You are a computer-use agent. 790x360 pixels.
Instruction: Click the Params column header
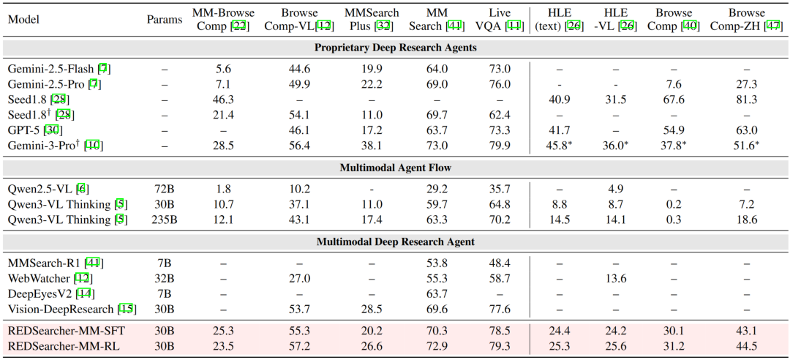click(164, 20)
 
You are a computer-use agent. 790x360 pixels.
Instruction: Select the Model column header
click(24, 20)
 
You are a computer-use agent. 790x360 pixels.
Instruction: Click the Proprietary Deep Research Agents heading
click(395, 48)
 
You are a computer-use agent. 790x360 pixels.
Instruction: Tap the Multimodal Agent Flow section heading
click(395, 168)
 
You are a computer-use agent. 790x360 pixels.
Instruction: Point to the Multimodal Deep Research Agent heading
click(395, 242)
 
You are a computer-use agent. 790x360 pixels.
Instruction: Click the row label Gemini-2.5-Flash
click(50, 69)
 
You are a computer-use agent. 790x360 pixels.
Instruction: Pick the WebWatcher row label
click(39, 278)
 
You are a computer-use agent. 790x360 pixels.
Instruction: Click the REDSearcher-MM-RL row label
click(64, 345)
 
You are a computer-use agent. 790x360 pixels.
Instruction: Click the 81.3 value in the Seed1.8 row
click(746, 100)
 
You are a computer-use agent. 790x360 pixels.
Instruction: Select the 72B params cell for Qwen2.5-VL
click(164, 190)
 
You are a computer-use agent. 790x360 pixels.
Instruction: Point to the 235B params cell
click(164, 220)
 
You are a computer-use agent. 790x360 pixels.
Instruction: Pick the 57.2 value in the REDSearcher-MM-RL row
click(300, 345)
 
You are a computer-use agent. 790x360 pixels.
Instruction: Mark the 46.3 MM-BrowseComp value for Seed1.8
click(222, 100)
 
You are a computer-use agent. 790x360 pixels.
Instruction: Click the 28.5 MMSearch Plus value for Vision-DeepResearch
click(373, 309)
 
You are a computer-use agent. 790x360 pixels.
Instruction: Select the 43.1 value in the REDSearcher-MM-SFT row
click(746, 330)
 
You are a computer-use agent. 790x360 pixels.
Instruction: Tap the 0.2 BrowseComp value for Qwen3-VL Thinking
click(674, 205)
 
